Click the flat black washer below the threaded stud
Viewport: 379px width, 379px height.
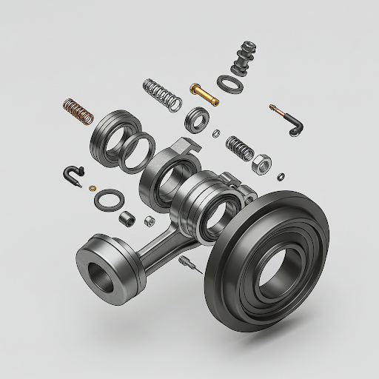point(231,83)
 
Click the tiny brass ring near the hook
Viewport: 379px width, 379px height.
point(93,188)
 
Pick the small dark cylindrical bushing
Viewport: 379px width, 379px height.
point(127,219)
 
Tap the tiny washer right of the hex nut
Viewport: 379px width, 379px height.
point(281,175)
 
